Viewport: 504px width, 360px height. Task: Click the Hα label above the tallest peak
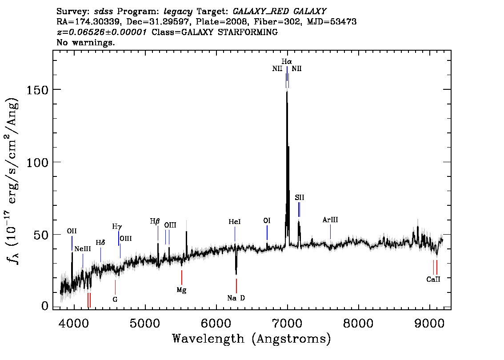[x=287, y=61]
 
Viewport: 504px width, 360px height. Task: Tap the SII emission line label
[x=299, y=197]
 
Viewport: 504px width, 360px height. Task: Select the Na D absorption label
[x=236, y=298]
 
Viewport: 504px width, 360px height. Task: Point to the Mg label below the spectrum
[x=182, y=290]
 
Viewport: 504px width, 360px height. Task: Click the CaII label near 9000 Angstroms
[x=433, y=279]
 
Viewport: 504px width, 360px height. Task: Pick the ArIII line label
[x=330, y=220]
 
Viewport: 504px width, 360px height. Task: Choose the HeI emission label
[x=235, y=222]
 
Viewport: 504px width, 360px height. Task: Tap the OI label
[x=267, y=220]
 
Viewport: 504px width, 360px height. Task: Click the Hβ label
[x=155, y=221]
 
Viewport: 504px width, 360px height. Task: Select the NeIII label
[x=83, y=249]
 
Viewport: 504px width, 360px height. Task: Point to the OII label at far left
[x=72, y=231]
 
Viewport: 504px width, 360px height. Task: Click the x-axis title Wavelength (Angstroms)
[x=252, y=339]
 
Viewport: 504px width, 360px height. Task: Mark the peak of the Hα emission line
[x=287, y=92]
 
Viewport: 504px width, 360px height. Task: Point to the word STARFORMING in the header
[x=248, y=32]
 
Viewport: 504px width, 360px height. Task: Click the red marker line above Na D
[x=236, y=286]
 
